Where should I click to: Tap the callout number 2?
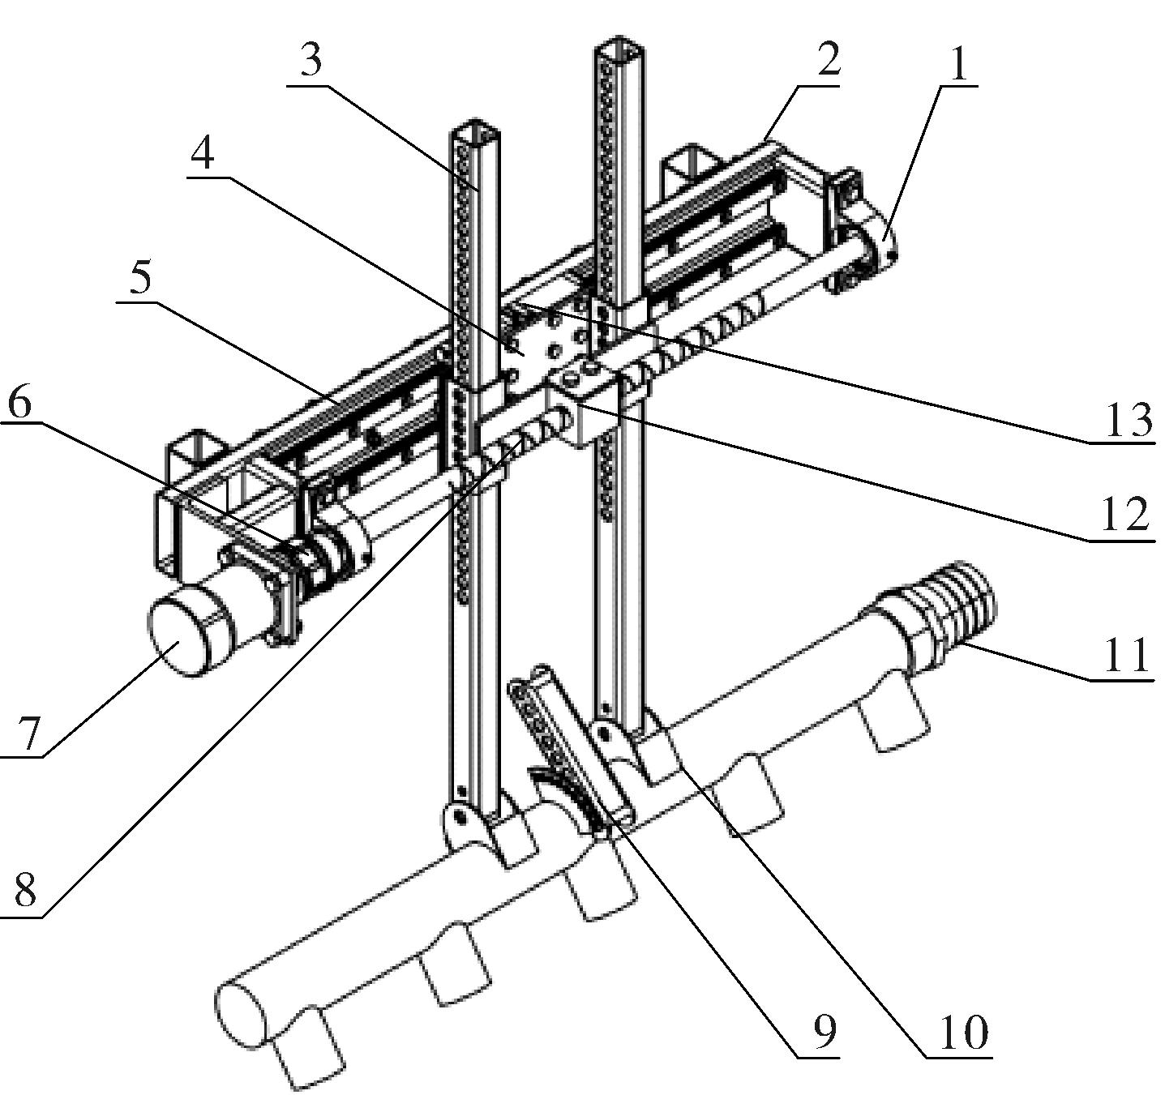pyautogui.click(x=828, y=60)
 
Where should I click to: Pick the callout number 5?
pyautogui.click(x=140, y=278)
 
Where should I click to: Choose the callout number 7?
pyautogui.click(x=29, y=734)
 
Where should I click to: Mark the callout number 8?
pyautogui.click(x=24, y=891)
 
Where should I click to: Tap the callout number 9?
pyautogui.click(x=823, y=1032)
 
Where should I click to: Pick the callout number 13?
pyautogui.click(x=1128, y=419)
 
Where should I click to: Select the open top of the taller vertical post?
pyautogui.click(x=618, y=51)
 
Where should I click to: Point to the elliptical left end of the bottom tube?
pyautogui.click(x=241, y=1012)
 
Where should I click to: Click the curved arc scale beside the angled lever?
pyautogui.click(x=568, y=798)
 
